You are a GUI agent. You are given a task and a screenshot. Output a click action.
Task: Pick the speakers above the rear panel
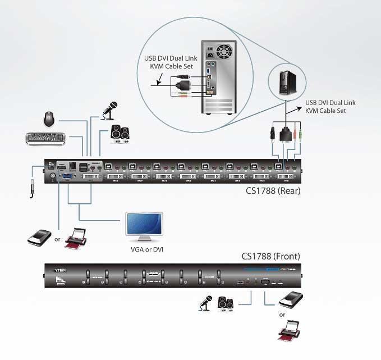[121, 133]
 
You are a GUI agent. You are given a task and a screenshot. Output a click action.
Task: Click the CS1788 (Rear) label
[273, 190]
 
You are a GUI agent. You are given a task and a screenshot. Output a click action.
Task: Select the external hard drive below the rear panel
[39, 238]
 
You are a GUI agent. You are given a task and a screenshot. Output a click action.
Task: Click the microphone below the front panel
[204, 304]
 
